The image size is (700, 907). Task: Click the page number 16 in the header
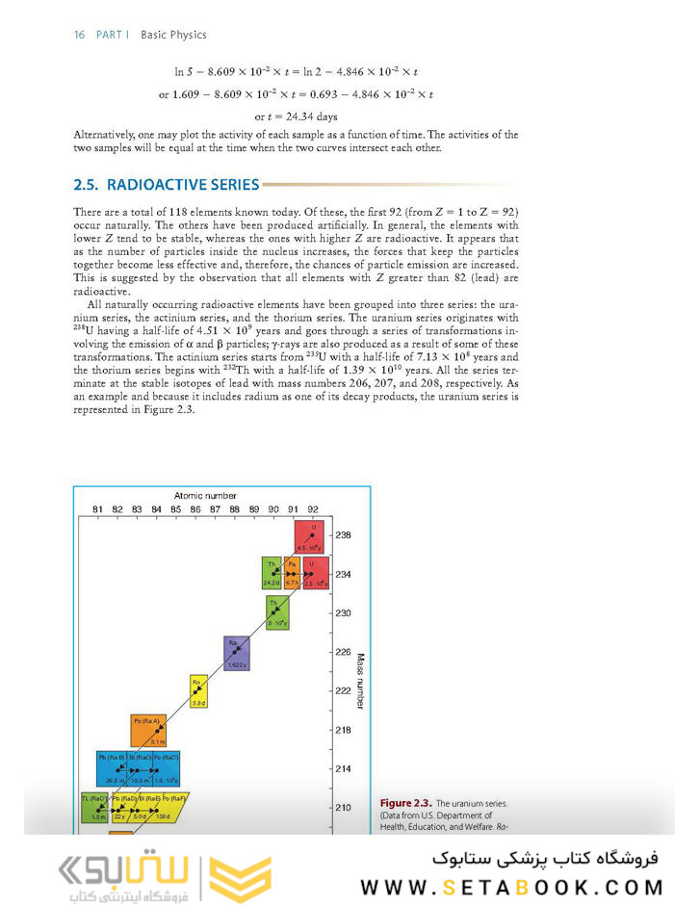click(x=79, y=35)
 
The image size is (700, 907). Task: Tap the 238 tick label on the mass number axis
click(x=343, y=534)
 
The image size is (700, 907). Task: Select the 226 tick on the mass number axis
click(x=343, y=652)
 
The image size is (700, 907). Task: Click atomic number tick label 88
click(x=234, y=508)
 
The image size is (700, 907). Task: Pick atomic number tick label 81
click(x=97, y=508)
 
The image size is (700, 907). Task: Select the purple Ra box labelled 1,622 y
click(x=236, y=653)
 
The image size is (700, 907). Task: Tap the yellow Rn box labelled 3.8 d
click(x=198, y=692)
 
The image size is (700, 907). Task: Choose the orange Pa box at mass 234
click(x=292, y=572)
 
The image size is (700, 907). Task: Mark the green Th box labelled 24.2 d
click(x=272, y=572)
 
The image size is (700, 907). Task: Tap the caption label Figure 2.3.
click(x=405, y=803)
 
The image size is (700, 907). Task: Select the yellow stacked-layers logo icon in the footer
click(x=242, y=879)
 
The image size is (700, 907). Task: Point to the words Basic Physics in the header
click(x=173, y=35)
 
